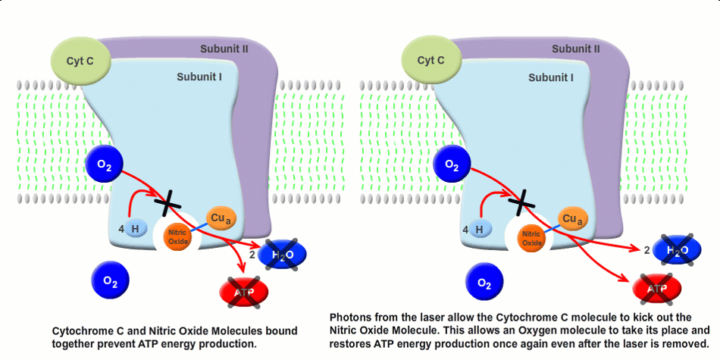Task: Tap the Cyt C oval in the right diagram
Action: point(431,59)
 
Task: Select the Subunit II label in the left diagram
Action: point(225,49)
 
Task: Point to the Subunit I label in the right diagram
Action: point(551,77)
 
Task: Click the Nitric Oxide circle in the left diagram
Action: point(178,236)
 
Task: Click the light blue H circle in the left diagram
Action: point(136,229)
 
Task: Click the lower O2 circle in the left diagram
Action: point(111,282)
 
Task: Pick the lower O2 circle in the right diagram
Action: point(484,283)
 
